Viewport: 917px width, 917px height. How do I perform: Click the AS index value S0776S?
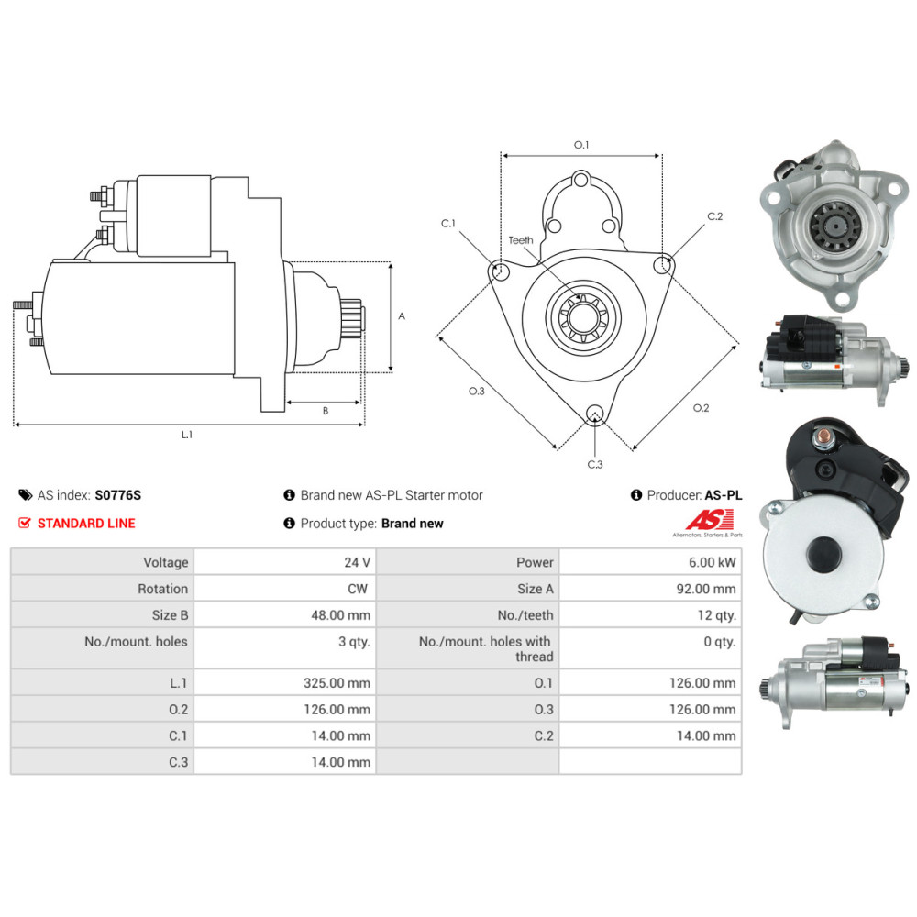118,495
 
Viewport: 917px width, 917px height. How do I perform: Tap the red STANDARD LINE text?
86,524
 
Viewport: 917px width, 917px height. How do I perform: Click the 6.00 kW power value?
712,563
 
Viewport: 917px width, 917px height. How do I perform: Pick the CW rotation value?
358,589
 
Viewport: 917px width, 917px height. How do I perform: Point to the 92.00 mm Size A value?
706,589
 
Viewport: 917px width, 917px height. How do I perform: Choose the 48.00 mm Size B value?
340,615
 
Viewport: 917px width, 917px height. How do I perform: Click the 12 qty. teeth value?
716,615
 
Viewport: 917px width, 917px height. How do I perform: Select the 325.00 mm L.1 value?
337,683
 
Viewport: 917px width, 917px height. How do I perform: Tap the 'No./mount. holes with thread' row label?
485,649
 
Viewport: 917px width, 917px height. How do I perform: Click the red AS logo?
710,519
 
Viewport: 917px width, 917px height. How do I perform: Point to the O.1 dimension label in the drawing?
581,145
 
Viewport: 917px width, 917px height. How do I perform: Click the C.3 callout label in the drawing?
595,464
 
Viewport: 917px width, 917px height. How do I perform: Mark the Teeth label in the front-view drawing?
521,240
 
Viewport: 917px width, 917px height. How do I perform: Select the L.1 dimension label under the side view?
186,435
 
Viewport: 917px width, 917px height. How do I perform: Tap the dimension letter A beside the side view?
402,316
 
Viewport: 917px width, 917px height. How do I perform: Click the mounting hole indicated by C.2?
662,265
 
